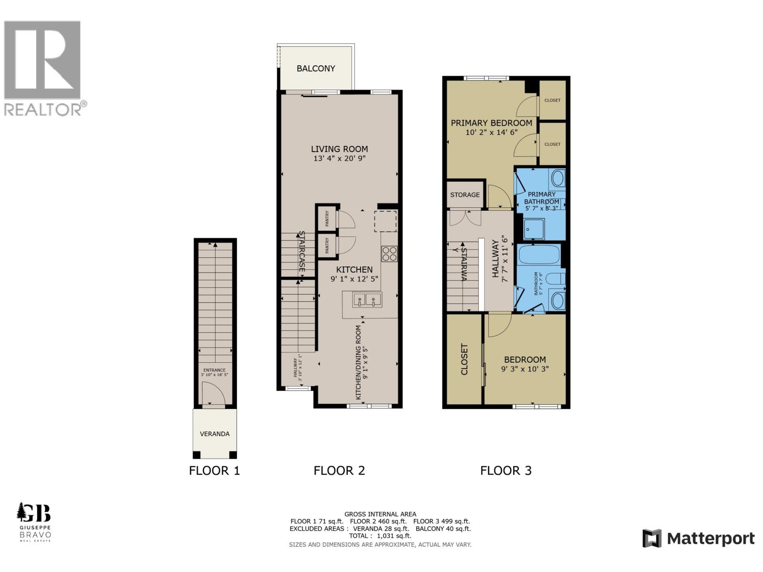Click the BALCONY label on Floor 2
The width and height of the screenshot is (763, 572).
pyautogui.click(x=316, y=68)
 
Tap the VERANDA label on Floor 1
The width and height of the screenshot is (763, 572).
pyautogui.click(x=215, y=434)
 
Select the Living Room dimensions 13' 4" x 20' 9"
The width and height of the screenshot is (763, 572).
pyautogui.click(x=340, y=158)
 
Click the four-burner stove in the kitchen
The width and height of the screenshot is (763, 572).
pyautogui.click(x=389, y=253)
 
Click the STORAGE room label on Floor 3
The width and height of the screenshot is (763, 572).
pyautogui.click(x=465, y=194)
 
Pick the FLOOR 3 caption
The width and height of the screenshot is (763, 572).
pyautogui.click(x=505, y=470)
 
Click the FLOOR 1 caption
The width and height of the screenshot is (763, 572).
pyautogui.click(x=215, y=470)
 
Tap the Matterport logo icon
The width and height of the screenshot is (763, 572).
pyautogui.click(x=651, y=538)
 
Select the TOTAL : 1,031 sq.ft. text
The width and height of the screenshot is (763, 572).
pyautogui.click(x=380, y=536)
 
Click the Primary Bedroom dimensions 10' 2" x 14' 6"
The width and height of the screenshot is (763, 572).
pyautogui.click(x=492, y=132)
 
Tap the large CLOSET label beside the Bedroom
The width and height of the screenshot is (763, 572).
pyautogui.click(x=464, y=359)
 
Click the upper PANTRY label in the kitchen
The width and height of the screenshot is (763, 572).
pyautogui.click(x=327, y=219)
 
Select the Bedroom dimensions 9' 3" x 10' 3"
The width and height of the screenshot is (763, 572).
pyautogui.click(x=525, y=368)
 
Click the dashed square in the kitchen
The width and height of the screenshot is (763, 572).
pyautogui.click(x=385, y=221)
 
